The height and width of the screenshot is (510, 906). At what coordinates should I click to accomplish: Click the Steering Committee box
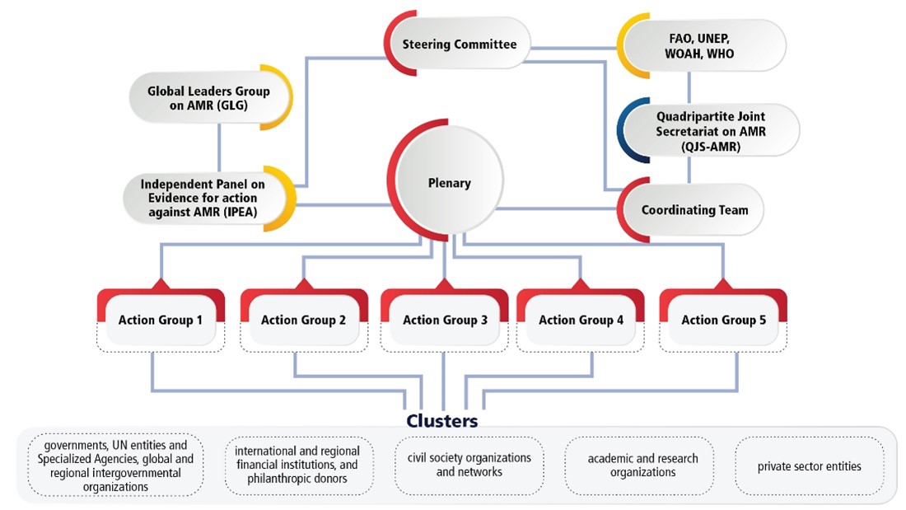pyautogui.click(x=459, y=44)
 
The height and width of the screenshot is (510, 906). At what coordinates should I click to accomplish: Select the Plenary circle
pyautogui.click(x=449, y=183)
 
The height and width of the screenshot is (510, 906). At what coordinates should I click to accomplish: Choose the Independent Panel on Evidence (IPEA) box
pyautogui.click(x=206, y=198)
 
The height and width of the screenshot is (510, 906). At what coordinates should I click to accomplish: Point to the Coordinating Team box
pyautogui.click(x=694, y=209)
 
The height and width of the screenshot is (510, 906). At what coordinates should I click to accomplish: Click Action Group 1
pyautogui.click(x=161, y=320)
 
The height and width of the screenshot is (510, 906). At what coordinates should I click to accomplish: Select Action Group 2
pyautogui.click(x=303, y=320)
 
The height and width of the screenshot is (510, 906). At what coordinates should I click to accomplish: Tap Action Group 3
pyautogui.click(x=445, y=320)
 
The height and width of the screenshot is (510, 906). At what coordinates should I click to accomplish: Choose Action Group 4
pyautogui.click(x=581, y=320)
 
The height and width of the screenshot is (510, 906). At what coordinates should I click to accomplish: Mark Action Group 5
pyautogui.click(x=723, y=320)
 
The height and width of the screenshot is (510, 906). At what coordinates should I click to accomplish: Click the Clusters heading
pyautogui.click(x=441, y=421)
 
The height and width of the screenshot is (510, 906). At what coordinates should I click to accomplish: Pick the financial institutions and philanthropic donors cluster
pyautogui.click(x=297, y=466)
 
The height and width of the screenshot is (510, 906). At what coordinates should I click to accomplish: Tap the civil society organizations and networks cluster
pyautogui.click(x=469, y=466)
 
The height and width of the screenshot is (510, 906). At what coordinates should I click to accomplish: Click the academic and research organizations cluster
pyautogui.click(x=642, y=466)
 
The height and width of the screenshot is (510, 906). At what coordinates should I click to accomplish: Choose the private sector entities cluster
pyautogui.click(x=809, y=466)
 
